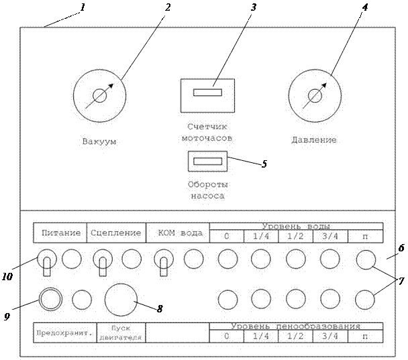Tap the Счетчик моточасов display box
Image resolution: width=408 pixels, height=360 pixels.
[x=207, y=95]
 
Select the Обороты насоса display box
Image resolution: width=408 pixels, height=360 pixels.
[x=208, y=162]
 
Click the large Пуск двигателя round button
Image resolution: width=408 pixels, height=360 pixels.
[x=121, y=298]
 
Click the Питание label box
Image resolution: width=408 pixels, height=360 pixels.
[x=61, y=233]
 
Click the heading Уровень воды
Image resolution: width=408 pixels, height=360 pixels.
[x=296, y=226]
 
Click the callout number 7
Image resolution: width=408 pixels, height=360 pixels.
[x=401, y=282]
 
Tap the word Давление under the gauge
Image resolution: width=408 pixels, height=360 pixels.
[x=314, y=140]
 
